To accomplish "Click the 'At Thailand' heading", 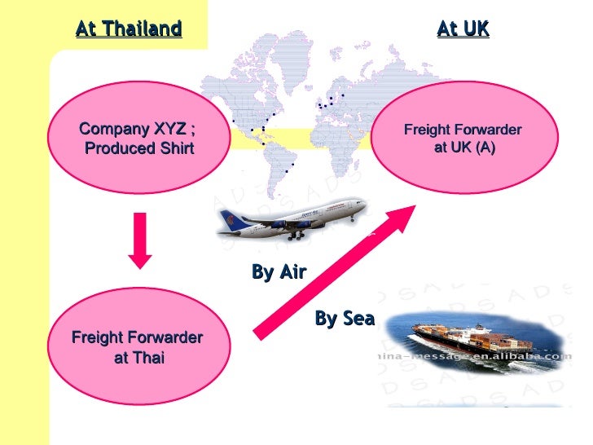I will [x=129, y=30].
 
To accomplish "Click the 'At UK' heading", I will [x=463, y=30].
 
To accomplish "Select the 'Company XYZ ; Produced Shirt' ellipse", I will [x=137, y=139].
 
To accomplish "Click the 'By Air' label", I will [x=279, y=273].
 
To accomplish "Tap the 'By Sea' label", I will [x=344, y=319].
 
